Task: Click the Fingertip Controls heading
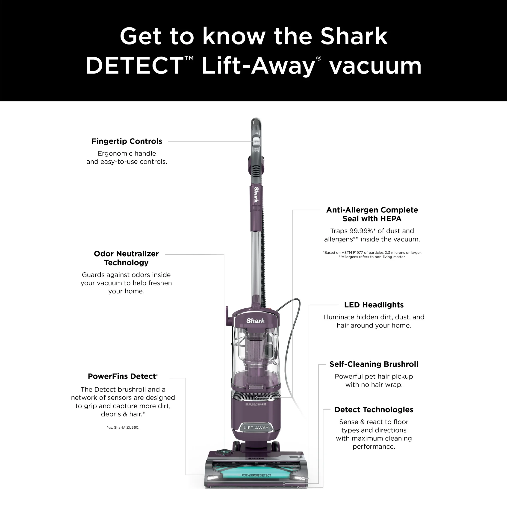coord(127,141)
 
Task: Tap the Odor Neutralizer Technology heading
coord(126,258)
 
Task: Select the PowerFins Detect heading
coord(123,376)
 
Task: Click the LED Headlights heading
coord(374,305)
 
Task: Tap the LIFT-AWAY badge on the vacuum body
coord(256,427)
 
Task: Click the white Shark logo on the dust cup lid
coord(256,321)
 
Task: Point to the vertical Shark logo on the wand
coord(256,195)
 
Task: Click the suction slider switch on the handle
coord(256,142)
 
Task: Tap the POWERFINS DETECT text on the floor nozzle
coord(256,475)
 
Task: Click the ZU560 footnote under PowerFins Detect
coord(123,427)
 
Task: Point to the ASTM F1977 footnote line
coord(372,252)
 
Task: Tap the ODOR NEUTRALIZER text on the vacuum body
coord(256,404)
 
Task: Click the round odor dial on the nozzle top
coord(224,452)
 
